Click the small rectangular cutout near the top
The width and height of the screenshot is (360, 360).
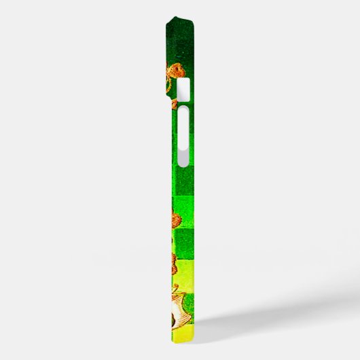point(183,88)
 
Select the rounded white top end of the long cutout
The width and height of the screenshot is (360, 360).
point(183,115)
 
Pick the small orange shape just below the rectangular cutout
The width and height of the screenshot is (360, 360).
point(174,105)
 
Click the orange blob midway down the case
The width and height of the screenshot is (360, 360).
point(175,219)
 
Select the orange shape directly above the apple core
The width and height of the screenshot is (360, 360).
point(173,262)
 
